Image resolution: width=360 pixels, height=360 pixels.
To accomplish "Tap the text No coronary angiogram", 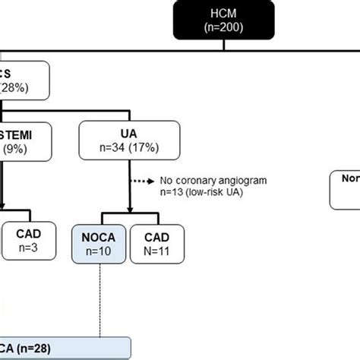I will pos(204,181).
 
